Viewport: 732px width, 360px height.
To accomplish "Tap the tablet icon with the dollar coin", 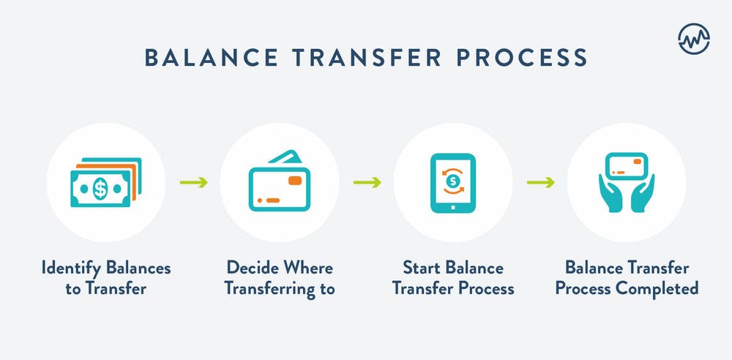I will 452,183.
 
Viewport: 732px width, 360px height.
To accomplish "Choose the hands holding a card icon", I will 627,182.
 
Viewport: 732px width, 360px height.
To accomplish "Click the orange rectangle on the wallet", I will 295,180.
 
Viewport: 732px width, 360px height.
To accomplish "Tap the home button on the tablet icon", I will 452,207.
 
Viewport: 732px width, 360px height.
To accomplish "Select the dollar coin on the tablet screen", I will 452,180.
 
